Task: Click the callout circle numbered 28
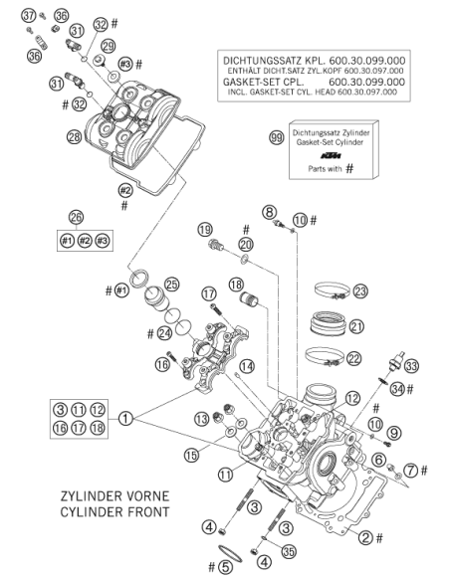pos(74,137)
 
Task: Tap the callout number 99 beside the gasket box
pos(276,138)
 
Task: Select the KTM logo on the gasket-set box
pos(331,155)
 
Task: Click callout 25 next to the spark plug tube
pos(171,285)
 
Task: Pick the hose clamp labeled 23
pos(332,290)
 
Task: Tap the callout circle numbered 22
pos(353,358)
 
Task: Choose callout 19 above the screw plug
pos(205,230)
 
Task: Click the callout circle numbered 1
pos(125,419)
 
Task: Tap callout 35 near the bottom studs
pos(289,551)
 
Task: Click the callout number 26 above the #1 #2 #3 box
pos(76,217)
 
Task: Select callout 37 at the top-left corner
pos(29,16)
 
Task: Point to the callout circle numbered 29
pos(108,46)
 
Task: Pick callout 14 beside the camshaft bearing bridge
pos(247,366)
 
